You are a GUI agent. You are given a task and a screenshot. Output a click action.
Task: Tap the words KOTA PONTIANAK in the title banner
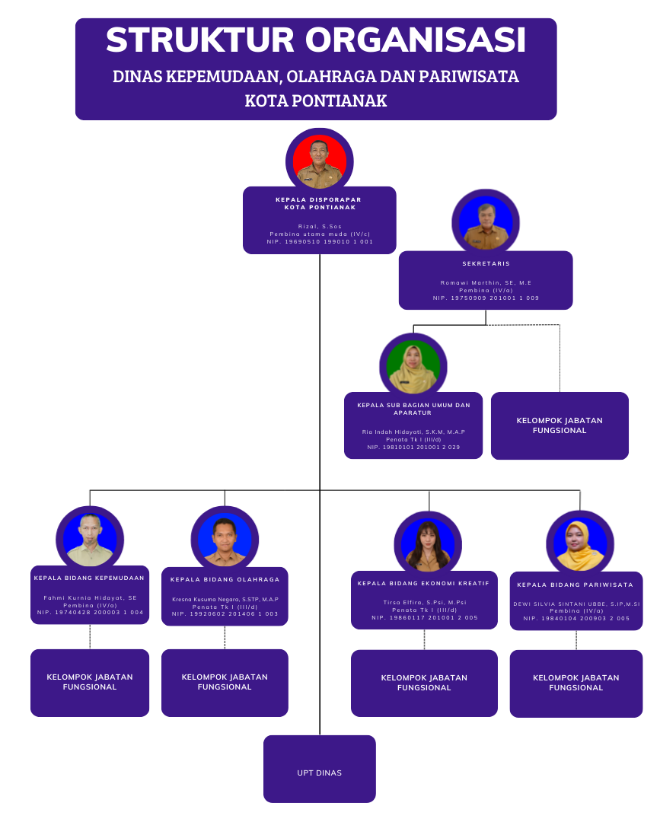click(x=316, y=100)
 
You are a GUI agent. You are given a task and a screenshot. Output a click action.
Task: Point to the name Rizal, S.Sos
click(x=320, y=226)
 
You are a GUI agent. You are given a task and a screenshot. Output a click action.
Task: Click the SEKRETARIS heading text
click(x=486, y=264)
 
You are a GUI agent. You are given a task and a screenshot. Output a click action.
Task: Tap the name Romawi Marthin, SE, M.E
click(x=486, y=282)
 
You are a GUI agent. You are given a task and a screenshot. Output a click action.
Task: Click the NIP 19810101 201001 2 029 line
click(x=413, y=448)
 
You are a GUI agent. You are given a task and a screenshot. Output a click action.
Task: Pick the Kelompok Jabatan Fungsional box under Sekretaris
click(x=560, y=425)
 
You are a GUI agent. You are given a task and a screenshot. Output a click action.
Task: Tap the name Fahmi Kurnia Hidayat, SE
click(x=90, y=597)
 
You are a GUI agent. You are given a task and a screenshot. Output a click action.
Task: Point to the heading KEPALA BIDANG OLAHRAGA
click(x=225, y=579)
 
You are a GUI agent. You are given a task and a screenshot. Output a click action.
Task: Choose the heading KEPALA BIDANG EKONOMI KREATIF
click(x=424, y=583)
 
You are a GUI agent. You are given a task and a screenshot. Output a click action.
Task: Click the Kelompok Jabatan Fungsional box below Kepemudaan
click(x=90, y=682)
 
